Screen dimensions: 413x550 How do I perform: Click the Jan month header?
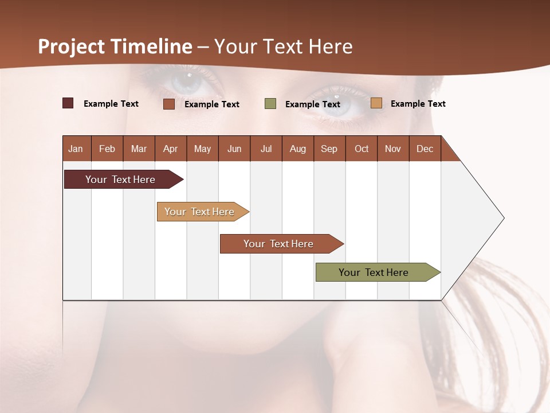tap(76, 149)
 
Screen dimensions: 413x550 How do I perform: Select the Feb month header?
tap(107, 149)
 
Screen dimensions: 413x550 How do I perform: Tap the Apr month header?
tap(171, 149)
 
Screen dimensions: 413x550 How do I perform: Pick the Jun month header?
tap(234, 149)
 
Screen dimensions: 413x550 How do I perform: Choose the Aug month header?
tap(298, 149)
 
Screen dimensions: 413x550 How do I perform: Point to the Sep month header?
tap(329, 149)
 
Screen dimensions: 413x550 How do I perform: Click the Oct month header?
tap(362, 149)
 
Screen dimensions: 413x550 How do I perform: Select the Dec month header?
tap(425, 149)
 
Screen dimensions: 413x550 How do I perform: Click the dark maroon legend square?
tap(68, 103)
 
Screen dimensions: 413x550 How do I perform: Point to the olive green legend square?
tap(270, 104)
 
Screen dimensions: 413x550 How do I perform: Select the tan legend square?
tap(376, 103)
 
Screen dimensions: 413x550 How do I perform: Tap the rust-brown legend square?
tap(169, 104)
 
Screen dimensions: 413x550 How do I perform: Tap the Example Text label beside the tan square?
tap(418, 104)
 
